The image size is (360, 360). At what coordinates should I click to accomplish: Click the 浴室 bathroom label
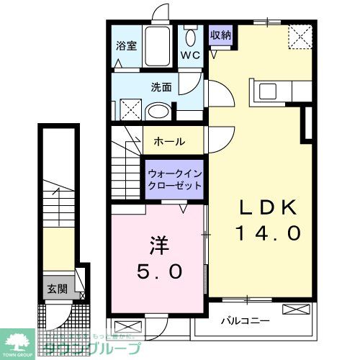(126, 45)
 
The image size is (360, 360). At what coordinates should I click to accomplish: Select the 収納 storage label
(220, 34)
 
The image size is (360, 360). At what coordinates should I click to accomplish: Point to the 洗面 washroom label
(161, 87)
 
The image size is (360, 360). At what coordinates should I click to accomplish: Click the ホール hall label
(169, 141)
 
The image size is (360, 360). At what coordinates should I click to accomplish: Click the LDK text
(268, 207)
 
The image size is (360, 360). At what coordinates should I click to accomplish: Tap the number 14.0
(268, 233)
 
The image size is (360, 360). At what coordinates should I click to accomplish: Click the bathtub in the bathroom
(156, 47)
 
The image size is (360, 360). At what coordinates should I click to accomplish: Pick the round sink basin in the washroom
(155, 112)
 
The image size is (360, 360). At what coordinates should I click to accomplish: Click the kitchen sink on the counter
(267, 91)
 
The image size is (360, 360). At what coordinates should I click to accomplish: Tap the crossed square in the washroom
(129, 109)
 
